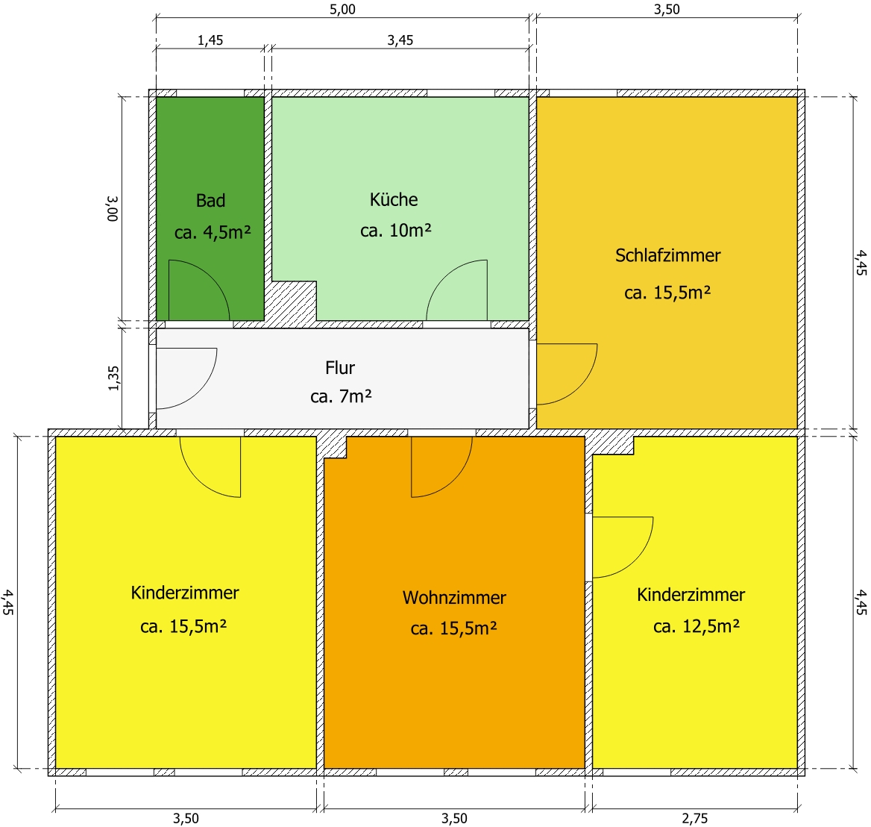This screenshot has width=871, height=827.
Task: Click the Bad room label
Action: tap(210, 200)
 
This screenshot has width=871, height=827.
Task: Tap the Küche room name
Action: tap(394, 199)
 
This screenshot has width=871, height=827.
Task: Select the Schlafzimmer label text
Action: tap(667, 255)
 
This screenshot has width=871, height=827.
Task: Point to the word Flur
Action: tap(340, 368)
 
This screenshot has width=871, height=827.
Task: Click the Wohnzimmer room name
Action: tap(454, 597)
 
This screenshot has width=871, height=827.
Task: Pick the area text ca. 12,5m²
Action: tap(697, 626)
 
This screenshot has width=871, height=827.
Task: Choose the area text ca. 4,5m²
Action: tap(213, 232)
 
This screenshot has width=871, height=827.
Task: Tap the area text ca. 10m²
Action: tap(395, 230)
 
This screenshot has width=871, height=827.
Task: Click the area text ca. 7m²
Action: tap(341, 396)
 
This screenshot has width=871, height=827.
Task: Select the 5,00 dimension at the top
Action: tap(342, 10)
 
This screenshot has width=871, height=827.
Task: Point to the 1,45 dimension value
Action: tap(210, 40)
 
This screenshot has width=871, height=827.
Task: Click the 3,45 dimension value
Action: tap(400, 40)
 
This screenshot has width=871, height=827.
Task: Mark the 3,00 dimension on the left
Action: tap(113, 208)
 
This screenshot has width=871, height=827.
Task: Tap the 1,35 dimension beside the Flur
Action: tap(113, 378)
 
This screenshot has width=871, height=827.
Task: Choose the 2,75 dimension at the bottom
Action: tap(695, 818)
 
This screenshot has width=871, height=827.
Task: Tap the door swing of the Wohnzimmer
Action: tap(456, 481)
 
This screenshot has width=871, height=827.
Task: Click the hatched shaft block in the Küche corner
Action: tap(292, 303)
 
